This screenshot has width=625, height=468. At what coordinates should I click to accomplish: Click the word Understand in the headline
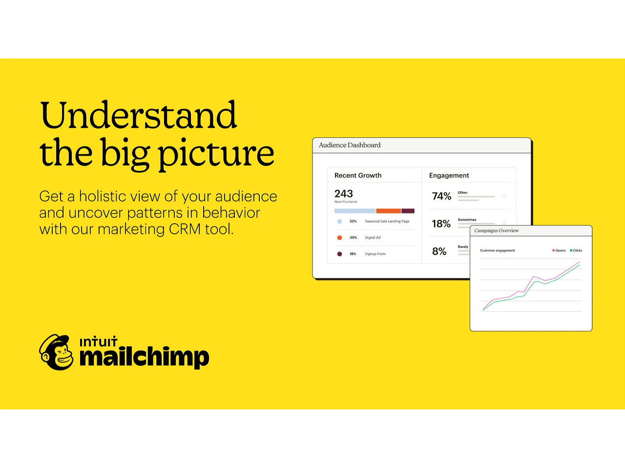138,115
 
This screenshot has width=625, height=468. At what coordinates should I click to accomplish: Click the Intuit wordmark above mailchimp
98,342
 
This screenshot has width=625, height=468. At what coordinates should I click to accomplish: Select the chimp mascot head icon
56,352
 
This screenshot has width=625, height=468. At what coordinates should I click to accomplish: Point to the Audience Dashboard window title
350,145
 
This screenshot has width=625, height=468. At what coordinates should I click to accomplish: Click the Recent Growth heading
358,175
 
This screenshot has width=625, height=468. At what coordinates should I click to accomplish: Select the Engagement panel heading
449,175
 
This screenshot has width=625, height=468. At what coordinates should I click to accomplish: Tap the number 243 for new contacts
344,194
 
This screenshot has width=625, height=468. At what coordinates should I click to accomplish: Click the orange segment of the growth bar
388,211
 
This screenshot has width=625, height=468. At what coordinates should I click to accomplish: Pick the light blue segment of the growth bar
355,211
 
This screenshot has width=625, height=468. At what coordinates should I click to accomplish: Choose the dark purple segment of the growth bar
408,211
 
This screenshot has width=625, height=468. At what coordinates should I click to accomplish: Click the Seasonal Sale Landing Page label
387,221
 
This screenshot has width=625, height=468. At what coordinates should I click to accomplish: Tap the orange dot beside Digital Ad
339,237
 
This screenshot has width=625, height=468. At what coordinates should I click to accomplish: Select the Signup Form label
375,254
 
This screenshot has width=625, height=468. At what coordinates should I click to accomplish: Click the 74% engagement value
441,196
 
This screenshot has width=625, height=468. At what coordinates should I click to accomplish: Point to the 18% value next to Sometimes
441,224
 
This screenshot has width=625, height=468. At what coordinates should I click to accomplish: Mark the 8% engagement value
439,252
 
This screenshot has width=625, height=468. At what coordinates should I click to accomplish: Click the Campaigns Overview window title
496,231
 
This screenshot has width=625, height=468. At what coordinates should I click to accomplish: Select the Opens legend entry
559,251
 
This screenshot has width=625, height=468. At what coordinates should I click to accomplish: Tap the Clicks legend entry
576,251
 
